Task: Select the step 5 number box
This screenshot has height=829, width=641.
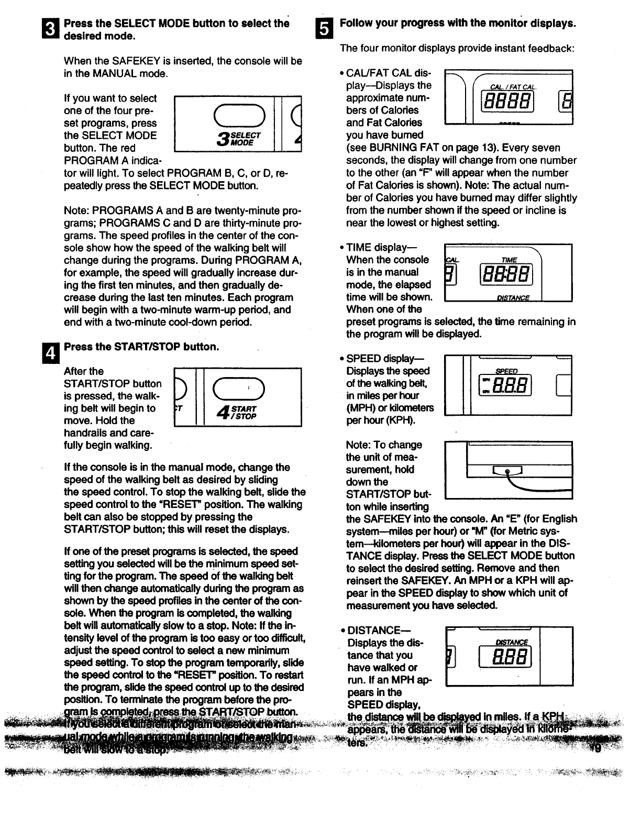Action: [x=325, y=29]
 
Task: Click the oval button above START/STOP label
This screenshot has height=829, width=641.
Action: [x=238, y=388]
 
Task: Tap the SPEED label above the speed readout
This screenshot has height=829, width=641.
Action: [x=506, y=371]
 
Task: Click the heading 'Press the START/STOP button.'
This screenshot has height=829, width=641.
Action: [x=141, y=347]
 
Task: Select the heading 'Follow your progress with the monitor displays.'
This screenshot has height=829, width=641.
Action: [x=458, y=24]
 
